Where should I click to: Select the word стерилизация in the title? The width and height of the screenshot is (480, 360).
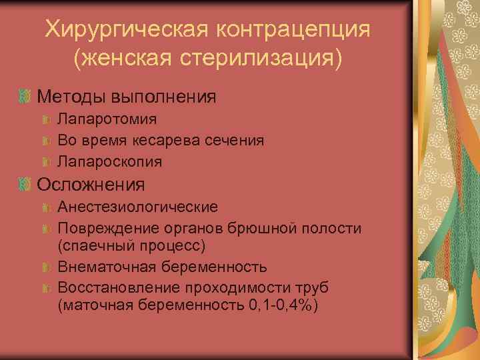[x=256, y=59]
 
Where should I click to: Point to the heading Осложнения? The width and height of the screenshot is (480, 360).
[x=91, y=183]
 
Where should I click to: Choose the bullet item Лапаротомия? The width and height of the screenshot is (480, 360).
[x=107, y=119]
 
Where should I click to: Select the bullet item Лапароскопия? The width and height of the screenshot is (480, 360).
[x=110, y=161]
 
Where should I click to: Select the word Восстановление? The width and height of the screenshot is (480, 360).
[x=115, y=287]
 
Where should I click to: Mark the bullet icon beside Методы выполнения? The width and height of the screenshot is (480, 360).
[x=25, y=97]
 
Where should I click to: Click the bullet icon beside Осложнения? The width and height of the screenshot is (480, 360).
[x=25, y=183]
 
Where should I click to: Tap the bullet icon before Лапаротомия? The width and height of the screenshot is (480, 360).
[x=47, y=120]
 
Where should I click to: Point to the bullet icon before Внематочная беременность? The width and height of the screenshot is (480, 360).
[x=47, y=267]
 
